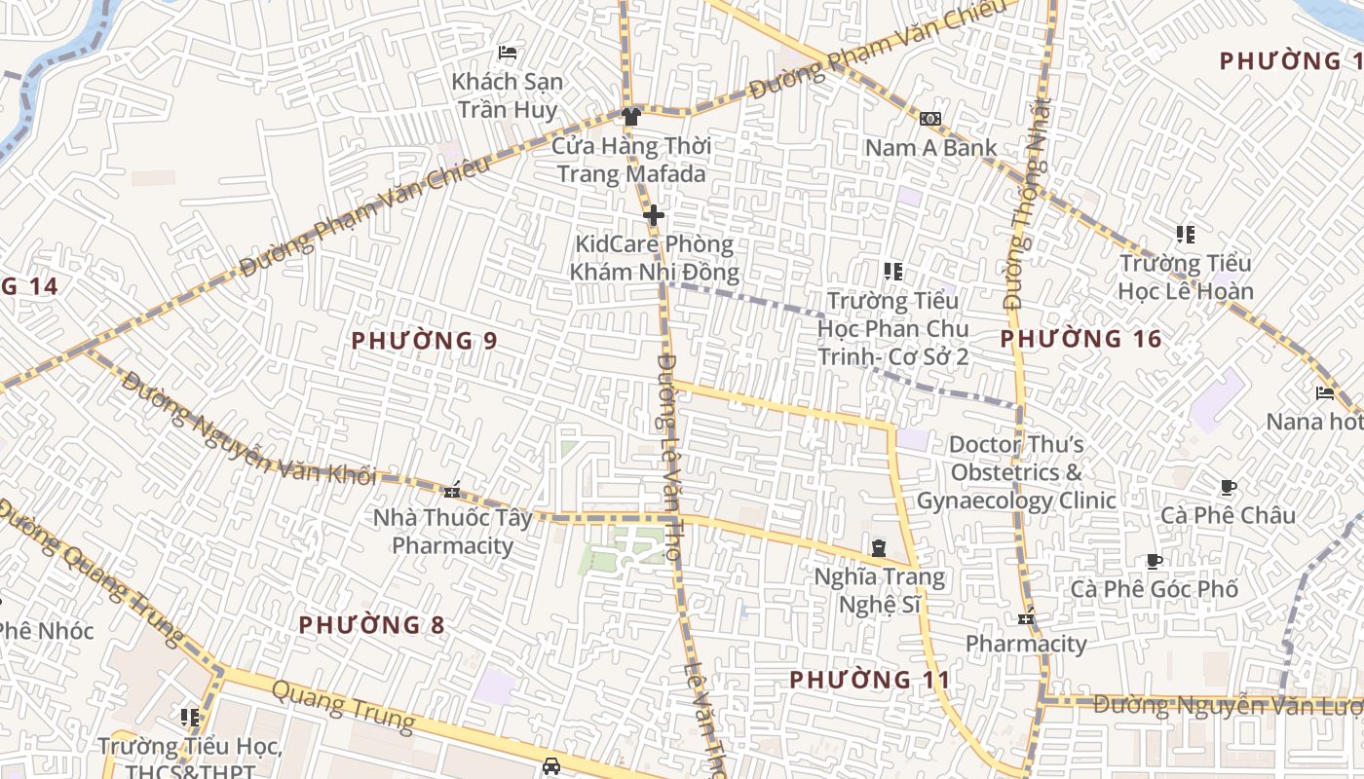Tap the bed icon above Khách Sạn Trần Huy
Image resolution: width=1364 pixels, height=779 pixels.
click(x=507, y=52)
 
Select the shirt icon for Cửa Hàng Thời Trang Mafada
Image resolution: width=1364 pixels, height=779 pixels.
click(x=631, y=117)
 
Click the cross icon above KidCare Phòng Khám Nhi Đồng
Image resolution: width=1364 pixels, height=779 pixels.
click(x=653, y=215)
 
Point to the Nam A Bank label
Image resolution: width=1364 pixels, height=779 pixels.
click(x=931, y=148)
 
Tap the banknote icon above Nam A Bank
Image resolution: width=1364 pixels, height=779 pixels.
click(x=930, y=119)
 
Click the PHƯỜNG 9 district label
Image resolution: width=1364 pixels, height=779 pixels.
click(x=425, y=341)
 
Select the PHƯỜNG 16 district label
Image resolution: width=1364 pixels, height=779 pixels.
click(x=1081, y=339)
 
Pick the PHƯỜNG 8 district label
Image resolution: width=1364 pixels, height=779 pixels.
click(x=371, y=625)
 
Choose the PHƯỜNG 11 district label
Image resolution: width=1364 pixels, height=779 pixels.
click(x=869, y=680)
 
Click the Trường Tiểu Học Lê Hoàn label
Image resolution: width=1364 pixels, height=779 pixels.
click(x=1185, y=277)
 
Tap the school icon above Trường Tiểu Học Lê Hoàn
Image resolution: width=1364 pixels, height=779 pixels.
click(x=1185, y=235)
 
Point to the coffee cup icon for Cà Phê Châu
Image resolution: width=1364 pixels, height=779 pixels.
click(x=1229, y=487)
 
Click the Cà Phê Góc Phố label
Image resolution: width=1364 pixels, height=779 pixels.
click(x=1155, y=589)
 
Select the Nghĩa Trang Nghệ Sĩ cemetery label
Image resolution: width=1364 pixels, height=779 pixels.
click(x=880, y=590)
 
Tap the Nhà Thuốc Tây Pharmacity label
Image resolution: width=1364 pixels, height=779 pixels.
click(x=452, y=531)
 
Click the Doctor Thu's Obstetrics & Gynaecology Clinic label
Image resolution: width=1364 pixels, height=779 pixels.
click(x=1016, y=472)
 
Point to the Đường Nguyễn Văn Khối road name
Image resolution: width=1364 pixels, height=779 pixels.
click(x=248, y=428)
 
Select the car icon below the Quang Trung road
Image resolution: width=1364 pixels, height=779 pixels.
click(x=551, y=765)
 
